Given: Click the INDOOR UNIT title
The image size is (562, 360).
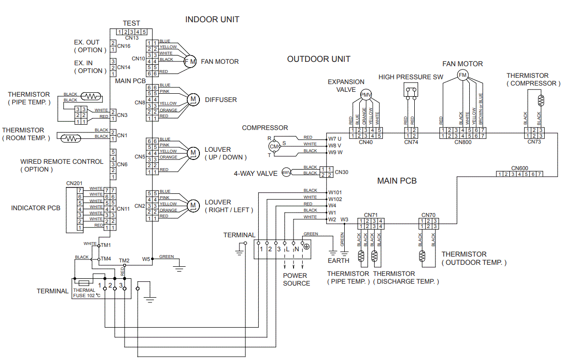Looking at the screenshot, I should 212,19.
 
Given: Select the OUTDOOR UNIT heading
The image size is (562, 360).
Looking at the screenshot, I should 319,59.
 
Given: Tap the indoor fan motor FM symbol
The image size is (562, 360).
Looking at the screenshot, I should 190,61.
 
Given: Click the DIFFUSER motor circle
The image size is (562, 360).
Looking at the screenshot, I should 193,99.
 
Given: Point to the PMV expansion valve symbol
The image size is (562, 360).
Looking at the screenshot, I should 366,95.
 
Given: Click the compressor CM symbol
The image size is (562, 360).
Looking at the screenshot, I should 274,146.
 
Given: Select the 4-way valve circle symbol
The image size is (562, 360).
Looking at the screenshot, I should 286,173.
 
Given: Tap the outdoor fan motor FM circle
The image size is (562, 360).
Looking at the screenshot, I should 463,75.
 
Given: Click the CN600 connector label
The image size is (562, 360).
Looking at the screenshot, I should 520,168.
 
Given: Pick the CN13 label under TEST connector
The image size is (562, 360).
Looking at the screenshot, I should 132,37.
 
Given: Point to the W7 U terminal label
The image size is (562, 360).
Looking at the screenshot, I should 335,139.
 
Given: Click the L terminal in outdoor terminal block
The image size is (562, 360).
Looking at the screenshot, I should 287,249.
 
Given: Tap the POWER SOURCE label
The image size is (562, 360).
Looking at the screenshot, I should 296,279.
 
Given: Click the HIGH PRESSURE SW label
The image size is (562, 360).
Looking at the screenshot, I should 410,77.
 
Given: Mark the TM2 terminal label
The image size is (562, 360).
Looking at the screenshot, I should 124,260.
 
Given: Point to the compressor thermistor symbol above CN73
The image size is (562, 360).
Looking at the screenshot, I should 541,100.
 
